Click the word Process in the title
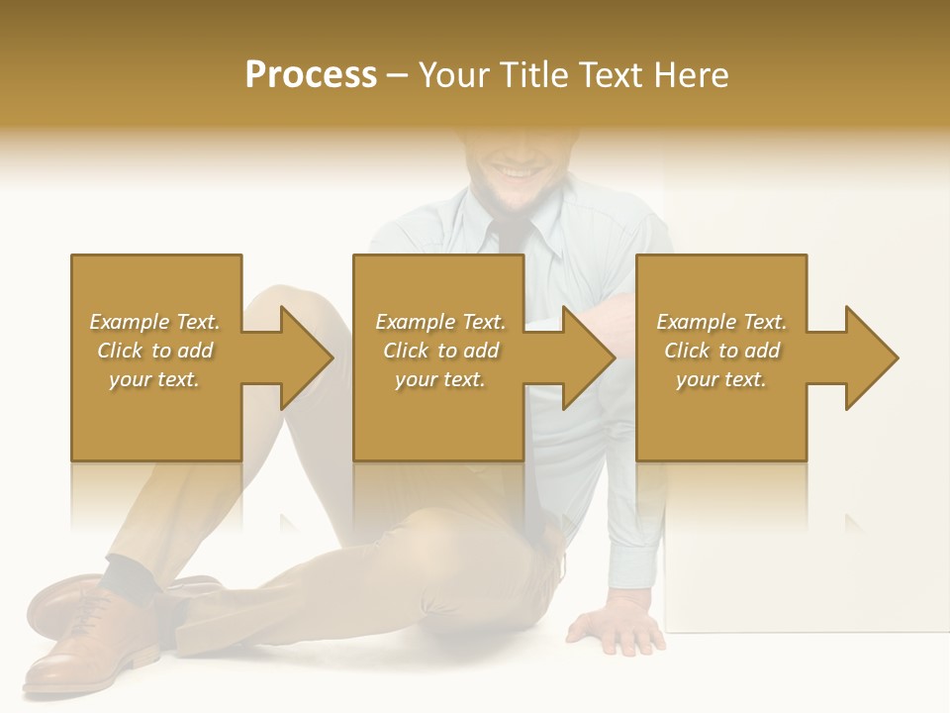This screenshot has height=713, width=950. click(x=311, y=74)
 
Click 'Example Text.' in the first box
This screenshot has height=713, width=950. click(x=154, y=322)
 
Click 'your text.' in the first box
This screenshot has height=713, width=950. click(x=154, y=379)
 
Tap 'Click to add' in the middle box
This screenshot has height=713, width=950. click(x=440, y=351)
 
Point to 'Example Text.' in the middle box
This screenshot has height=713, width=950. click(x=440, y=322)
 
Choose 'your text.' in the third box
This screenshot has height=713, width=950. click(x=720, y=379)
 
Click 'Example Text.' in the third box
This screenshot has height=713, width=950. click(x=720, y=322)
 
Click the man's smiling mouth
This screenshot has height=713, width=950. click(x=517, y=171)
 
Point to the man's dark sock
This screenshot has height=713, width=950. click(x=129, y=574)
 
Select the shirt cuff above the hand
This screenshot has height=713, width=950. click(x=633, y=579)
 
